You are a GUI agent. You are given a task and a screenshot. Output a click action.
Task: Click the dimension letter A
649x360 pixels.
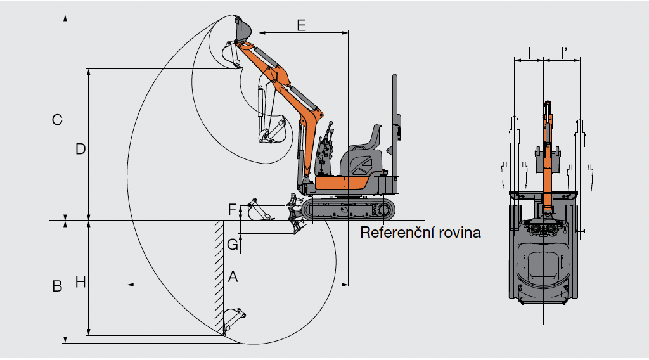233,276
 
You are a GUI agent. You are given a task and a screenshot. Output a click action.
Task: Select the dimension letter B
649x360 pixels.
57,286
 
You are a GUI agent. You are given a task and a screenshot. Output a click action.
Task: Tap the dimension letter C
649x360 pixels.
57,119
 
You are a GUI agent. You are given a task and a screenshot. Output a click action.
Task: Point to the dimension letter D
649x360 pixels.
80,149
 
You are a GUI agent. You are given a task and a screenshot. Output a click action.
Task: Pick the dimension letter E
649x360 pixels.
301,25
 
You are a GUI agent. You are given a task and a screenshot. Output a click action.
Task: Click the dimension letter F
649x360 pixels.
232,208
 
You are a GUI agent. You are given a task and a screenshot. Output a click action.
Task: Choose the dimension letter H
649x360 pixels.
80,282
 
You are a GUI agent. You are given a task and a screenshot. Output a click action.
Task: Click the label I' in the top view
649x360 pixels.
564,53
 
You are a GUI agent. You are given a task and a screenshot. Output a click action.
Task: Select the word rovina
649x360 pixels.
460,233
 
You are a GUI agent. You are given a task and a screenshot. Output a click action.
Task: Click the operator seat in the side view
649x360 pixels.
370,139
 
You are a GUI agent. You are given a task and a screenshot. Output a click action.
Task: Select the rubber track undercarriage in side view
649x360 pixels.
349,210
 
